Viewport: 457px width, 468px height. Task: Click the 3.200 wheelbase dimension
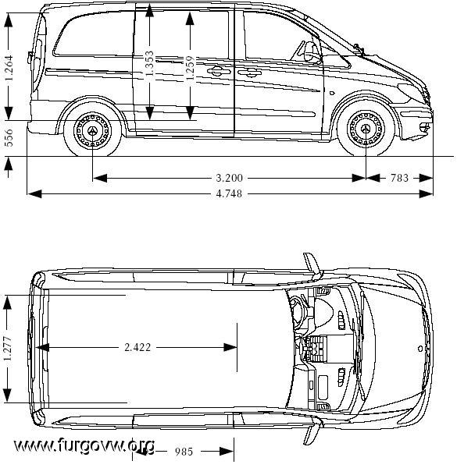click(x=229, y=178)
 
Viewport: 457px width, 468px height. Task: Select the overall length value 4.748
click(x=229, y=194)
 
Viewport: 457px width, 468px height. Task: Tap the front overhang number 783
click(x=399, y=178)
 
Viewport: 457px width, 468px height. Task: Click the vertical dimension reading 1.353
click(x=149, y=64)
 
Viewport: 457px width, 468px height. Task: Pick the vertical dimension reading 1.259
click(x=190, y=67)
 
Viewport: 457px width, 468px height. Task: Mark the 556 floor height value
click(x=9, y=138)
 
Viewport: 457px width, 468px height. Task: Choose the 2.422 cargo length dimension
click(x=137, y=347)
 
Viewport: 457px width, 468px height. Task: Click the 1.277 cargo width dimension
click(x=8, y=349)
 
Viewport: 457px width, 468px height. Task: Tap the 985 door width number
click(x=184, y=452)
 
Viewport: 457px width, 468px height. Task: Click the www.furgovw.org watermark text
click(x=84, y=445)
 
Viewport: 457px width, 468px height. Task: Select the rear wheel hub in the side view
click(x=92, y=130)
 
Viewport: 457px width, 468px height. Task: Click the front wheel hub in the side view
click(x=366, y=129)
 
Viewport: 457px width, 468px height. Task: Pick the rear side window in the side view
click(x=93, y=35)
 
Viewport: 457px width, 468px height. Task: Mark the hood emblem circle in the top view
click(x=420, y=349)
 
